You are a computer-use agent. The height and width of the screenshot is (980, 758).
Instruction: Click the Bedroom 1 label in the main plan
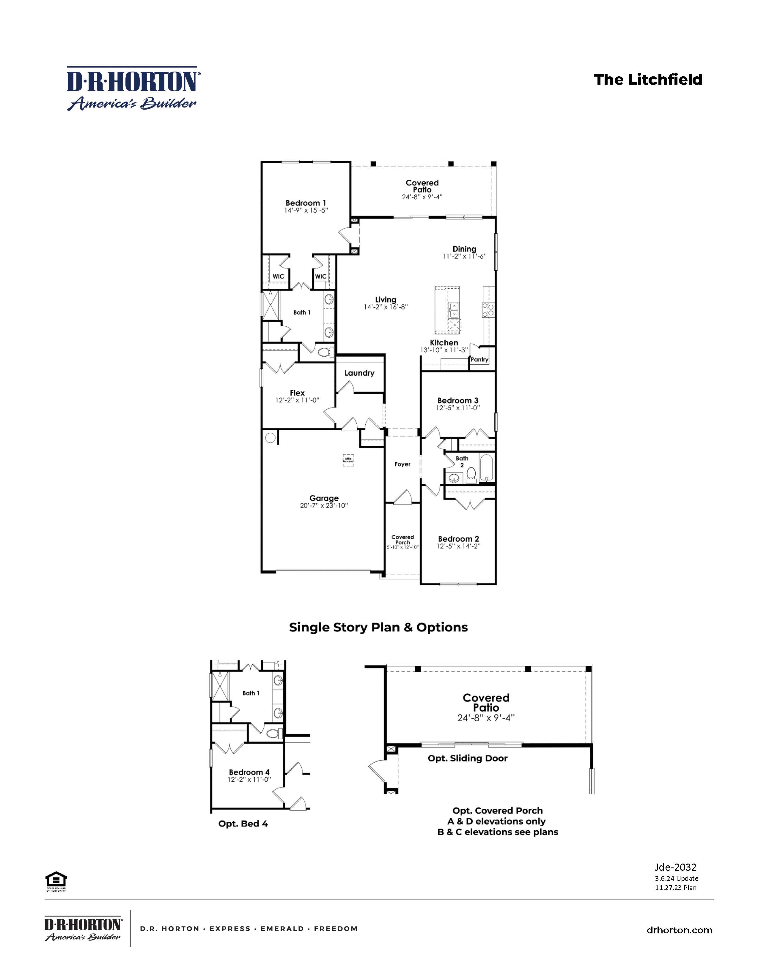(x=306, y=203)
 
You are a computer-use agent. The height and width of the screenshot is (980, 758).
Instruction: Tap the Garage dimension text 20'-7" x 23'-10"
(x=324, y=505)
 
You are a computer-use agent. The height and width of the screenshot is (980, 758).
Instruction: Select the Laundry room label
(x=359, y=373)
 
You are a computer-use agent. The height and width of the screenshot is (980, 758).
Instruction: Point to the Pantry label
(x=479, y=359)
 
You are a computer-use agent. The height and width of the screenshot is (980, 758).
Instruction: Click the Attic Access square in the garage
(x=348, y=460)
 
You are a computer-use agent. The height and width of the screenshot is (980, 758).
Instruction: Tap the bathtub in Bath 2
(x=486, y=468)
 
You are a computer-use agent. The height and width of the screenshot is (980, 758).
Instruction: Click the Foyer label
(x=402, y=464)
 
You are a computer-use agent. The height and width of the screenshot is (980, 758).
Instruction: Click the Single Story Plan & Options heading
(x=378, y=627)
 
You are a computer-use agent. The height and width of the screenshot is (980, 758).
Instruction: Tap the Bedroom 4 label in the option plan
(x=249, y=772)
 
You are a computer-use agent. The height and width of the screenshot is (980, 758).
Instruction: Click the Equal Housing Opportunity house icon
(x=56, y=880)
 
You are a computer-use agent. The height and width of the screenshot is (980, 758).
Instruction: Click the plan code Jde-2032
(x=675, y=867)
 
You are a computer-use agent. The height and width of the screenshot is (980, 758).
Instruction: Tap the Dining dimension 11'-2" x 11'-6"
(x=464, y=257)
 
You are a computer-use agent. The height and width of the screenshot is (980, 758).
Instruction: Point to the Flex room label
(x=297, y=393)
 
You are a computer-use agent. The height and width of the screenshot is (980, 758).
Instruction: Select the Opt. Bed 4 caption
(x=243, y=824)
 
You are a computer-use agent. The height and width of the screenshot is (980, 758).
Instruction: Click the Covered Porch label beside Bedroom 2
(x=402, y=539)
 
